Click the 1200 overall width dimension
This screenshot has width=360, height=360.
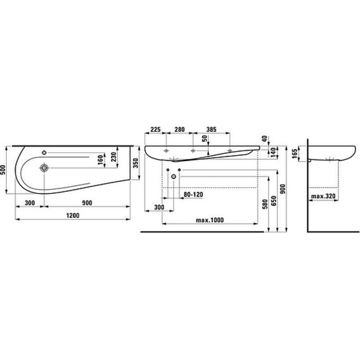pos(73,216)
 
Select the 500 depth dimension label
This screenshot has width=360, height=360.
pos(3,170)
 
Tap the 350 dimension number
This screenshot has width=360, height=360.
pos(136,163)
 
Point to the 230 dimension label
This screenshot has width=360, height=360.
pos(114,157)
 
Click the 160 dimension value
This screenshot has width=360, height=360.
pos(100,160)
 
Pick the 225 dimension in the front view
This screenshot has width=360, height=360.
pos(155,130)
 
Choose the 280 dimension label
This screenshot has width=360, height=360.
pos(179,130)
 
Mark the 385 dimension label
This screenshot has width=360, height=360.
pos(211,130)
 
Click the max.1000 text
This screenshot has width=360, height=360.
pos(210,220)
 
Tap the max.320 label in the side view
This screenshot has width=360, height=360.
pos(323,196)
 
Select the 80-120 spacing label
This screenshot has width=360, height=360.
pos(193,195)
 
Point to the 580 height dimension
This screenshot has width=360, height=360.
pos(265,204)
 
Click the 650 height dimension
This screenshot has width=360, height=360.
pos(274,201)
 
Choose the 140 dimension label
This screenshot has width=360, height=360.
pos(273,152)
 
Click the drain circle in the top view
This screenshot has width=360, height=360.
pos(44,168)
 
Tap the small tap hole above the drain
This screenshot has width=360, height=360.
pos(44,153)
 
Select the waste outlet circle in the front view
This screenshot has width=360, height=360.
pos(174,176)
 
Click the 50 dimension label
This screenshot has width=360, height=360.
pos(205,138)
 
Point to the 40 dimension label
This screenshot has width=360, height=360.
pos(265,139)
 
